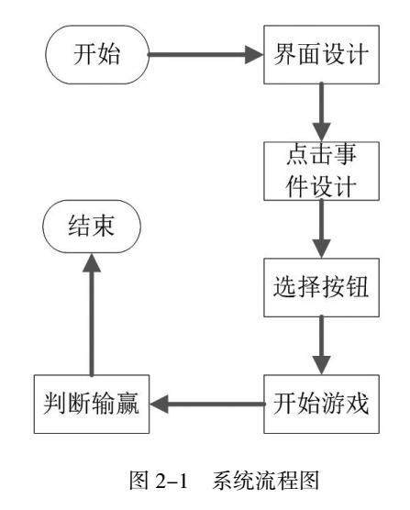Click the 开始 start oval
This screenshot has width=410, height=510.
tap(97, 55)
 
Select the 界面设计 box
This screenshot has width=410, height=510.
tap(321, 55)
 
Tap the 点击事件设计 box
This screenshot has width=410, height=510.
tap(321, 172)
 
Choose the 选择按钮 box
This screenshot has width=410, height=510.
tap(321, 287)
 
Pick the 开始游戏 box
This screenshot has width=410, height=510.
tap(321, 404)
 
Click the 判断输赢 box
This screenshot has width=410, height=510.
tap(92, 404)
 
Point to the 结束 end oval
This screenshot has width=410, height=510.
tap(92, 227)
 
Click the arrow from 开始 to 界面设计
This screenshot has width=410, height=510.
tap(205, 55)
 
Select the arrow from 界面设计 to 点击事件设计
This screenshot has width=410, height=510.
tap(321, 112)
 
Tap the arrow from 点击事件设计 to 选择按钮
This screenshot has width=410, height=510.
tap(321, 229)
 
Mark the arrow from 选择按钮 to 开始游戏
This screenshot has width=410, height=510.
tap(321, 346)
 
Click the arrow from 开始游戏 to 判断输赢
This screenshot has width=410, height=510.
tap(207, 404)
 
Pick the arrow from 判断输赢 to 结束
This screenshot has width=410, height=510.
tap(92, 315)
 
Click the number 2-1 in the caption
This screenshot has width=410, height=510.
tap(172, 481)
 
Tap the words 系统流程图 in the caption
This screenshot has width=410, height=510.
tap(266, 481)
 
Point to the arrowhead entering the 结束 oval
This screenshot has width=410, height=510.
tap(92, 263)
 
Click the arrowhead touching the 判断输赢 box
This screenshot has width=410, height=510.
tap(159, 404)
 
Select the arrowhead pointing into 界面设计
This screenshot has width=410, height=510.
tap(254, 55)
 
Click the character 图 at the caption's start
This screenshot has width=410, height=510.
tap(139, 481)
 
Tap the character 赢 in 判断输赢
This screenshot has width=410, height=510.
tap(127, 404)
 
